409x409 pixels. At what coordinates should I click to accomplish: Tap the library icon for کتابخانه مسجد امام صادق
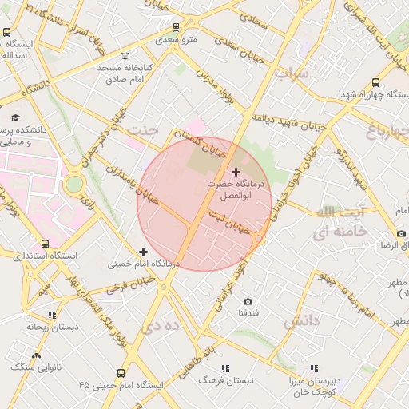point(124,56)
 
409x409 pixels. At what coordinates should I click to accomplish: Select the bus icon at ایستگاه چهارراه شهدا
point(376,81)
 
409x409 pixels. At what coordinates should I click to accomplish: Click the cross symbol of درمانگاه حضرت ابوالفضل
point(236,172)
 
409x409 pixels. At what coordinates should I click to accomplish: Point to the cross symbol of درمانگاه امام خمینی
point(143,252)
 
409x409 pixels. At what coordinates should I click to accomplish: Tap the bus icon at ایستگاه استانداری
point(45,244)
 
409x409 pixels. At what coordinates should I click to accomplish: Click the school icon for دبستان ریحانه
point(52,315)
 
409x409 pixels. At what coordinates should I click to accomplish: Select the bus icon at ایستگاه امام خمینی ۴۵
point(121,372)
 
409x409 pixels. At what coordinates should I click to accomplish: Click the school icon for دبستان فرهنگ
point(225,368)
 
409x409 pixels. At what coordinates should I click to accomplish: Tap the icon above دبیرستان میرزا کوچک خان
point(315,368)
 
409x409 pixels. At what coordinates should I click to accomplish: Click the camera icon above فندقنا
point(248,301)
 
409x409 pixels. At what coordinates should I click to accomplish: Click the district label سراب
point(292,73)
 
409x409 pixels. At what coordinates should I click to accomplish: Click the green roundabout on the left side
point(73,184)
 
